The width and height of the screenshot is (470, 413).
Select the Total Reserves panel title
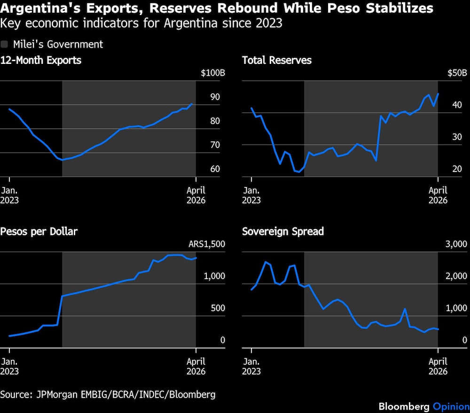277,60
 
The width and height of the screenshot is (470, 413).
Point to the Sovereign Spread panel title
283,231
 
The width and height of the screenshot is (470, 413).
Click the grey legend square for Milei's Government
4,44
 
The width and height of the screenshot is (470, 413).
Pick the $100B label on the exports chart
212,73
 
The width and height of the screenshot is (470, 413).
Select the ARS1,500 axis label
207,244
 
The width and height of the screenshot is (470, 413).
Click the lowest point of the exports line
62,160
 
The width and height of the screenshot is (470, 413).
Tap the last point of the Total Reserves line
438,94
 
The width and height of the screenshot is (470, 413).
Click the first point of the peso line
9,336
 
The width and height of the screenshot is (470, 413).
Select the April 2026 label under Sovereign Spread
438,366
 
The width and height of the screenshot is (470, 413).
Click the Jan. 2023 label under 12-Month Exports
10,195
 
